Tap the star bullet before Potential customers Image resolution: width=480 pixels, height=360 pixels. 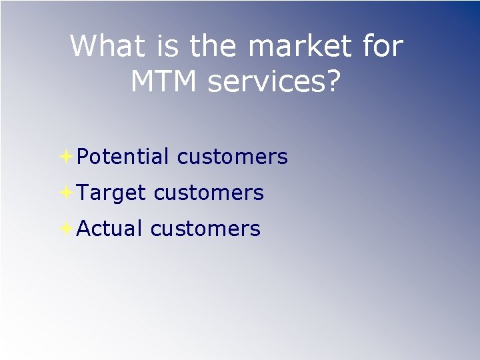click(66, 157)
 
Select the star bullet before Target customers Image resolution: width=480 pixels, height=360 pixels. click(66, 193)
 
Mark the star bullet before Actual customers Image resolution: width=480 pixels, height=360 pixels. click(66, 229)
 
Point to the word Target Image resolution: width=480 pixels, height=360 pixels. click(111, 193)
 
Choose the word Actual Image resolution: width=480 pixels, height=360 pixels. click(110, 229)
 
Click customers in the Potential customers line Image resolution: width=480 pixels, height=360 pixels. click(232, 157)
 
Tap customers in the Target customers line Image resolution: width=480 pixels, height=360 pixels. click(209, 193)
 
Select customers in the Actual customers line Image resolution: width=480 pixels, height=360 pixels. click(205, 229)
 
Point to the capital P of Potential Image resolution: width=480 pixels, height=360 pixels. click(83, 157)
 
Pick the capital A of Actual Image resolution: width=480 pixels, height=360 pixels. click(84, 229)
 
